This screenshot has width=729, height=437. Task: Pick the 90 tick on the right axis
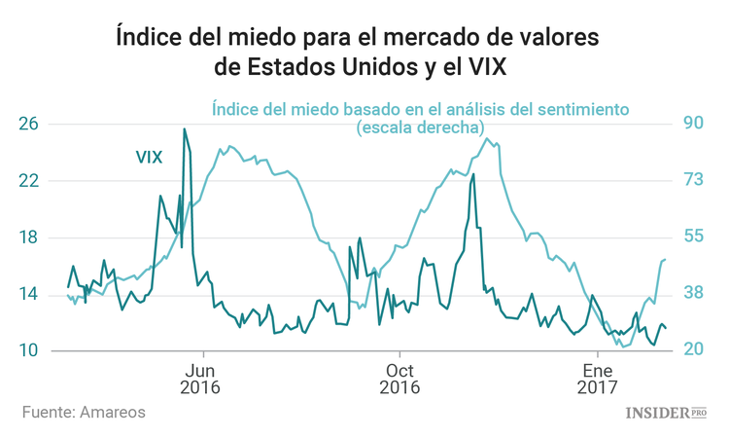click(694, 124)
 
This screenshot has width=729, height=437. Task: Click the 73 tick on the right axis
click(694, 180)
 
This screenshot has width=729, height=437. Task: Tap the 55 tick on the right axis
click(694, 237)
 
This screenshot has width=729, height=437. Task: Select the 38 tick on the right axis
click(694, 294)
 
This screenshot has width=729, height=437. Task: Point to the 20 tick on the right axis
click(694, 350)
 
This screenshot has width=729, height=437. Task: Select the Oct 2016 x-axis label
click(399, 378)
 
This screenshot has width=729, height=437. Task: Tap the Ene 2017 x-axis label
click(597, 378)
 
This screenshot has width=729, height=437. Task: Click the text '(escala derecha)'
click(420, 127)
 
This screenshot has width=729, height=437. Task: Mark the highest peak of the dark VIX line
click(185, 129)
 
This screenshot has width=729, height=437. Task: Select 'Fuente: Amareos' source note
click(84, 413)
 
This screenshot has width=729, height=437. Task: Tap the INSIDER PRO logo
click(665, 413)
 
